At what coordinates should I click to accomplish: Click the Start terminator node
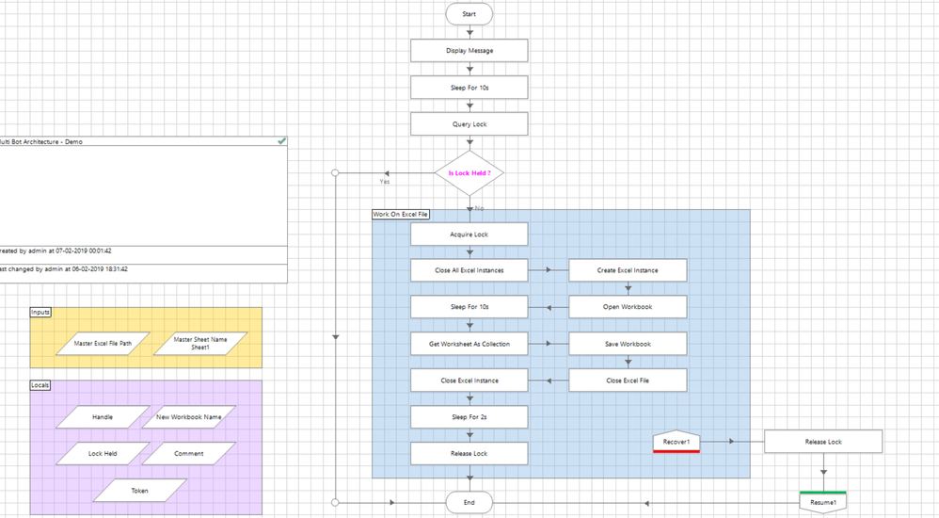(469, 14)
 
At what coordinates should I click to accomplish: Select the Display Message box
(469, 51)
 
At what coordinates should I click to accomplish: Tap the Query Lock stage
(469, 124)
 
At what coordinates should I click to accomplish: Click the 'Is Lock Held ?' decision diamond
(469, 173)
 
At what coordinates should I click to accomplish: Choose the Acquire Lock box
(469, 235)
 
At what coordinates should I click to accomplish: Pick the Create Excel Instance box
(628, 270)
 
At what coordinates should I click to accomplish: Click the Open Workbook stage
(628, 307)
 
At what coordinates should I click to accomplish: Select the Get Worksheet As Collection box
(469, 344)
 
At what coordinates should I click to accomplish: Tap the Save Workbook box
(628, 344)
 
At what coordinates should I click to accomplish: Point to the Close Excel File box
(628, 380)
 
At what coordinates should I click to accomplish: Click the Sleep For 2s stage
(469, 417)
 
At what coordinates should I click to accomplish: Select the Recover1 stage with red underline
(676, 442)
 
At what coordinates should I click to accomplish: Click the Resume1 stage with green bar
(823, 503)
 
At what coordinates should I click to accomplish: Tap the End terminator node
(469, 503)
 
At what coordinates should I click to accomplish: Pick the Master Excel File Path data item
(103, 344)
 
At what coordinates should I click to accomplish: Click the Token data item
(139, 491)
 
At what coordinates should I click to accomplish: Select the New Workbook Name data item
(188, 416)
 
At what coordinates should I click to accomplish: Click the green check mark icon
(281, 141)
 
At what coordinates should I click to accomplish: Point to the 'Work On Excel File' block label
(401, 215)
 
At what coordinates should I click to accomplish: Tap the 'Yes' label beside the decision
(385, 182)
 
